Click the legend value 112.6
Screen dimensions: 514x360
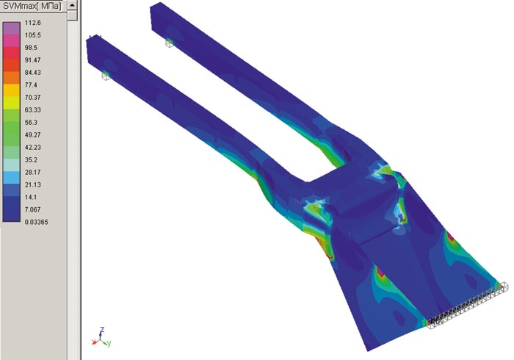tap(33, 23)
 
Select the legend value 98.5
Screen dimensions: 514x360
tap(31, 48)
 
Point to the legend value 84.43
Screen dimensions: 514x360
tap(33, 73)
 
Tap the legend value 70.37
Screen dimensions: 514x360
tap(33, 98)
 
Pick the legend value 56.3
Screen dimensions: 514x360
tap(31, 122)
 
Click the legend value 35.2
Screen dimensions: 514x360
tap(31, 159)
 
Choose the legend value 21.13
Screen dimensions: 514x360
tap(33, 184)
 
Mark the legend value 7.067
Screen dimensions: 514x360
tap(33, 209)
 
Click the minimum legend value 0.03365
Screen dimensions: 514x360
tap(37, 222)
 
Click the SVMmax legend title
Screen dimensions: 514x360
tap(32, 6)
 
